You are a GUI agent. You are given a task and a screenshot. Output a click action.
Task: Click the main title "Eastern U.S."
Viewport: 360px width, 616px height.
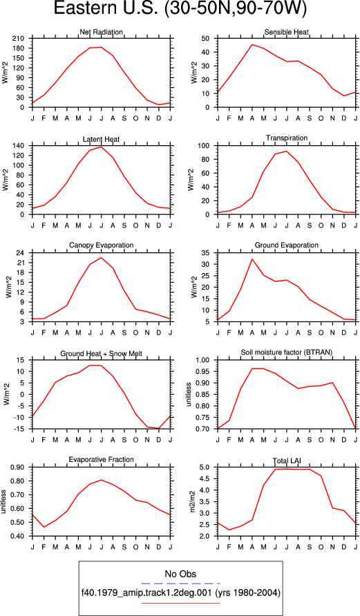(x=106, y=8)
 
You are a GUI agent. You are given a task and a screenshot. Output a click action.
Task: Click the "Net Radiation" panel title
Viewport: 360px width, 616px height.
(x=101, y=32)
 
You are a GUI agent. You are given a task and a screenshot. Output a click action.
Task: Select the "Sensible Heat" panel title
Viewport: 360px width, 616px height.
(x=287, y=32)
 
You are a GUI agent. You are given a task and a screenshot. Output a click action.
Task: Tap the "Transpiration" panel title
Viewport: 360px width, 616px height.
(x=287, y=138)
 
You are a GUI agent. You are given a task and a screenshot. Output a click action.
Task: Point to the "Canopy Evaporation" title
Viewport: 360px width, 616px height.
(x=102, y=245)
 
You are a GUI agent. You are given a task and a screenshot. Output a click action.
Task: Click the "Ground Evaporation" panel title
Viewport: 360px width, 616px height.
(x=287, y=245)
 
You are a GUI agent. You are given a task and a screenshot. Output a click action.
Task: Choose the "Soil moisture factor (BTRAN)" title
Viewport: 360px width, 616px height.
(x=287, y=353)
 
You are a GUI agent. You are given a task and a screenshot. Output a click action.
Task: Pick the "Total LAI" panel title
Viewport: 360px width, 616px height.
(x=287, y=460)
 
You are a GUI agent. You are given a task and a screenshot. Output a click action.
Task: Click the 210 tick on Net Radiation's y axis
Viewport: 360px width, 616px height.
(x=19, y=39)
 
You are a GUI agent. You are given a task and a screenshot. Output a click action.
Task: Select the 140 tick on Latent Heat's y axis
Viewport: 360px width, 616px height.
(x=19, y=146)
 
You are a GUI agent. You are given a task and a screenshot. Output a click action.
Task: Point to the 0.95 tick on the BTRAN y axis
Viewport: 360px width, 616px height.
(x=205, y=371)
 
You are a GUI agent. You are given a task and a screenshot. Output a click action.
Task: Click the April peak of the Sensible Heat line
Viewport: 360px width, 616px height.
(x=252, y=44)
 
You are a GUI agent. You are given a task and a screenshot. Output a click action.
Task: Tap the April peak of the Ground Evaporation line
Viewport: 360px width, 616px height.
(x=252, y=259)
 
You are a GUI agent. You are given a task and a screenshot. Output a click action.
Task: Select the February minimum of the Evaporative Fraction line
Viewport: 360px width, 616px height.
(x=44, y=527)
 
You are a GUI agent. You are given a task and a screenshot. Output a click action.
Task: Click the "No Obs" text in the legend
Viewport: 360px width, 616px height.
(x=180, y=574)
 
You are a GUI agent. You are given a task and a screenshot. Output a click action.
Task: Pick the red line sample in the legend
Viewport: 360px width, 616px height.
(x=180, y=603)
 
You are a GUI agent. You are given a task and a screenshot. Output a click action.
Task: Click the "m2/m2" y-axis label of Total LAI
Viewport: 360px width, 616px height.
(x=193, y=502)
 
